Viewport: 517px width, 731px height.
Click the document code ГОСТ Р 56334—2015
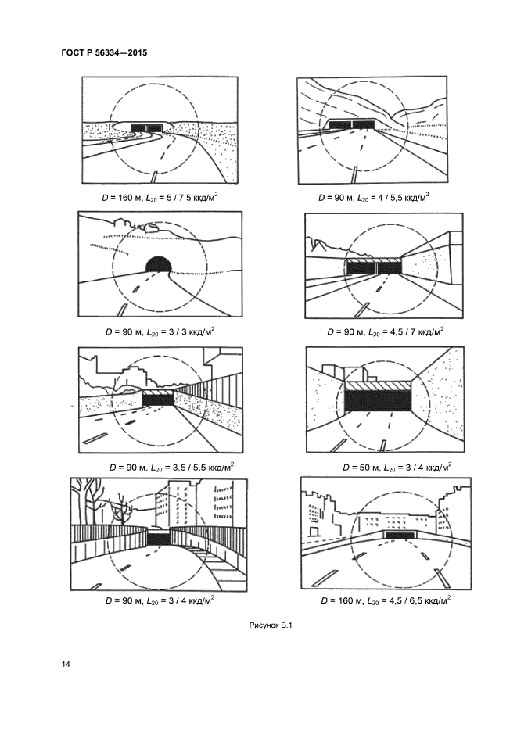coord(104,52)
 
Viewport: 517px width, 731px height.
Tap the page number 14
coord(66,664)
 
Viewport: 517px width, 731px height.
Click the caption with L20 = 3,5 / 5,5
coord(171,467)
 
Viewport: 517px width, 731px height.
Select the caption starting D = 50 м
coord(397,467)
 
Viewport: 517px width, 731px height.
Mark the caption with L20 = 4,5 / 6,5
coord(386,600)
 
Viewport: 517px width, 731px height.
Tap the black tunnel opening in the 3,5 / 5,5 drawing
coord(157,399)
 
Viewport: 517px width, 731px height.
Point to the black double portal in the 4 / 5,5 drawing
coord(352,124)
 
